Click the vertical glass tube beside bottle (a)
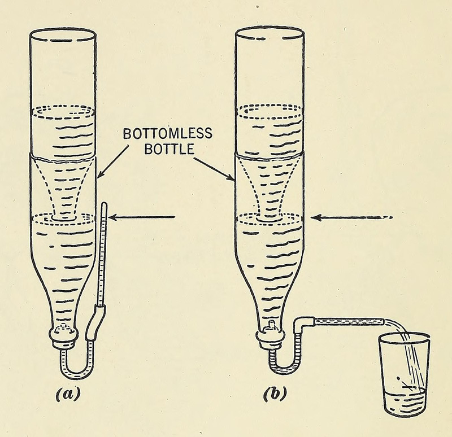(102, 254)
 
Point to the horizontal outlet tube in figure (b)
(345, 321)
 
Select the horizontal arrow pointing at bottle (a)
(144, 217)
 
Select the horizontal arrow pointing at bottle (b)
(350, 217)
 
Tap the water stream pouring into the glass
(411, 350)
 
